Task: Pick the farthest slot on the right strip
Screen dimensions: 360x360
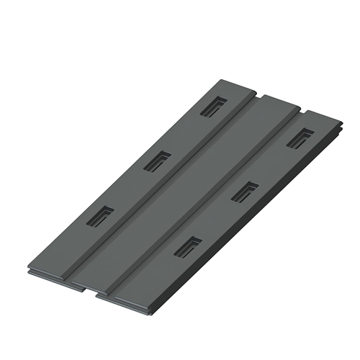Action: coord(300,137)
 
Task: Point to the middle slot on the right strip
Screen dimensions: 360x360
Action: coord(245,191)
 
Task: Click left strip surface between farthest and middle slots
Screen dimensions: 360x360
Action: coord(185,134)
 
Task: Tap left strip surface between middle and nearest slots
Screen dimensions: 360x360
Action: coord(127,189)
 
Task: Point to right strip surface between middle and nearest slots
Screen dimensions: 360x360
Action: coord(216,220)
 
